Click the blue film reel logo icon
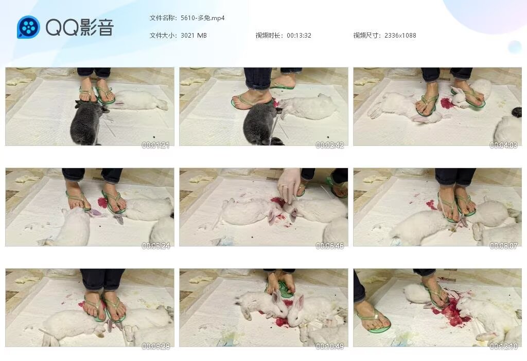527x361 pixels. (x=28, y=27)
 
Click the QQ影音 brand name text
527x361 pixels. (x=80, y=27)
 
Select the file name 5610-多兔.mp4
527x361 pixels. (x=202, y=18)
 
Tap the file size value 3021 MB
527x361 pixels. (x=194, y=36)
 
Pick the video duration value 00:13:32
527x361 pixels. (x=299, y=36)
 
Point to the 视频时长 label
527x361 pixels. (x=269, y=36)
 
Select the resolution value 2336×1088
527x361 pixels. (x=400, y=36)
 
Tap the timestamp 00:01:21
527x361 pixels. (x=155, y=145)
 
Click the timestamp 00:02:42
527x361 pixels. (x=329, y=145)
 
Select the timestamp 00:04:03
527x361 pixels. (x=503, y=145)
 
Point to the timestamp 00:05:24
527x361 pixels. (x=155, y=246)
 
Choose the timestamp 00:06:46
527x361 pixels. (x=329, y=246)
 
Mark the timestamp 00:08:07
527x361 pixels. (x=503, y=246)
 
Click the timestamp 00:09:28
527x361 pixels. (x=155, y=346)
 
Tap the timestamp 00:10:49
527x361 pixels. (x=329, y=346)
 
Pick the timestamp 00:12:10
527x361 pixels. (x=503, y=346)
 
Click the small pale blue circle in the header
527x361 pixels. (x=515, y=47)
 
